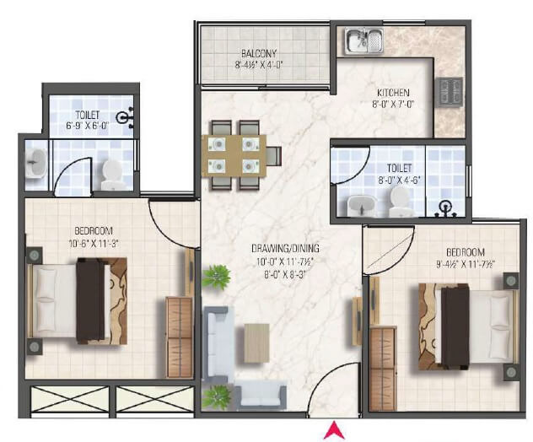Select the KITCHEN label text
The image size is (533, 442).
click(393, 93)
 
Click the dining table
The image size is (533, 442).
click(234, 154)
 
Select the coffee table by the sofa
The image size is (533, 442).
click(256, 342)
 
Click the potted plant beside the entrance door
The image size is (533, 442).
click(216, 395)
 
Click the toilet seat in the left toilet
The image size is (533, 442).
click(112, 175)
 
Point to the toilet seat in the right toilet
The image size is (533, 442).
click(399, 201)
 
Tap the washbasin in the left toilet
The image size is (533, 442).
click(35, 164)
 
